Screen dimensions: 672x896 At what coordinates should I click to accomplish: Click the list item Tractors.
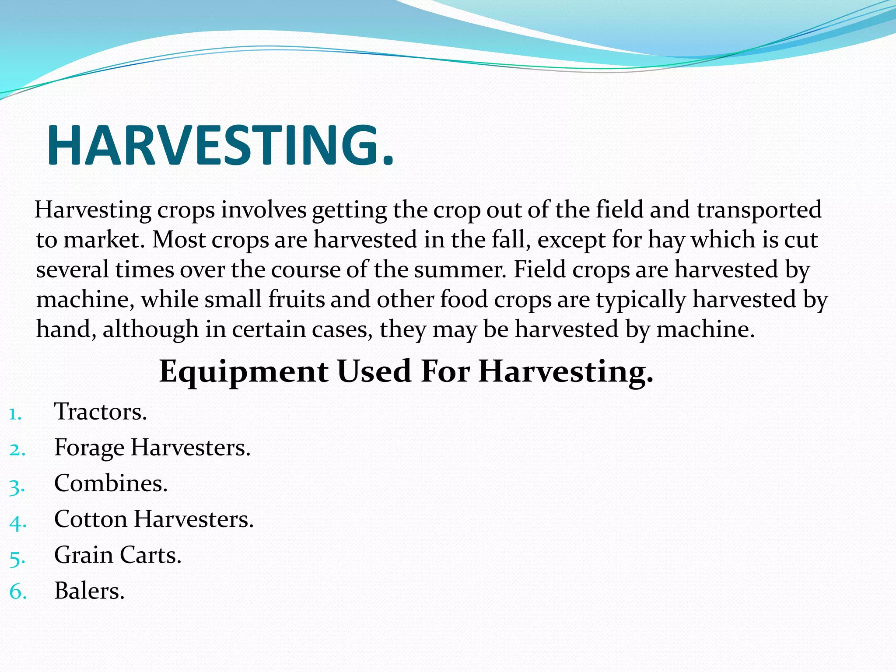100,412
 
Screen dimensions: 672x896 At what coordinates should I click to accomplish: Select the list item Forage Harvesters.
152,448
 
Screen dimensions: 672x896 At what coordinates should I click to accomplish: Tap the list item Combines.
111,483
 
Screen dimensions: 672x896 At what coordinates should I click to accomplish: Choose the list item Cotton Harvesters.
154,519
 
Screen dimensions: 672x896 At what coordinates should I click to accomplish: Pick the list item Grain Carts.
118,555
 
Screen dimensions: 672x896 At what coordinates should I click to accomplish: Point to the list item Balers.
89,591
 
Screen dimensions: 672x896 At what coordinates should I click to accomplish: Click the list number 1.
15,414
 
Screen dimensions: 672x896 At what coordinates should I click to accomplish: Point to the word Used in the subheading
374,371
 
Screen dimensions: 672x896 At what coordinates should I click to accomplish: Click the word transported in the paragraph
759,210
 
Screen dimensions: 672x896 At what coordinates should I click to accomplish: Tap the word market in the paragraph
104,240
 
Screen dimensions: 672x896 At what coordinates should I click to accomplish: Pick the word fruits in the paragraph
297,300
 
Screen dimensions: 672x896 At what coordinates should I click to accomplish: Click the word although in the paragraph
150,329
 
